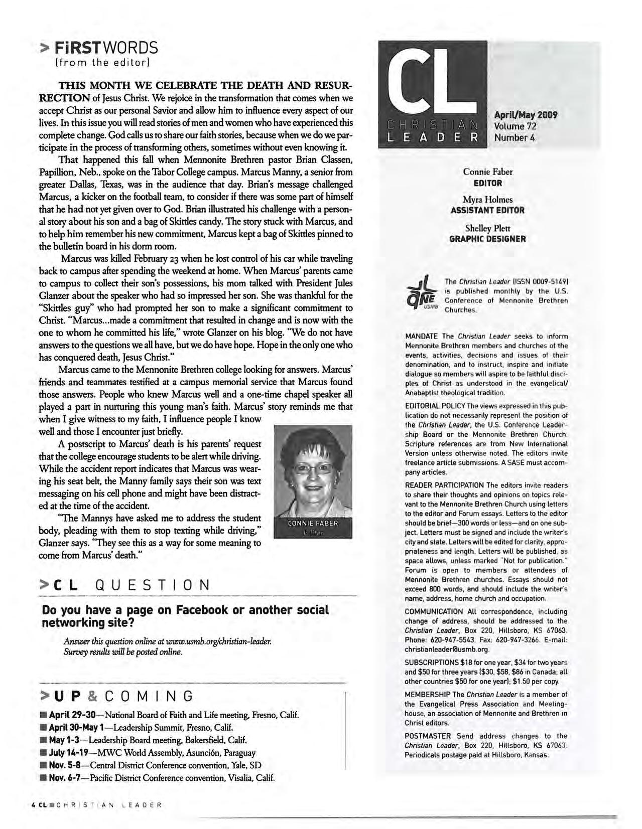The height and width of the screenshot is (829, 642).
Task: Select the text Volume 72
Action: [516, 126]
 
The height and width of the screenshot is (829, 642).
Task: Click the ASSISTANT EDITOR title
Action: [487, 211]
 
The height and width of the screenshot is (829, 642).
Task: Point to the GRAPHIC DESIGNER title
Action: [487, 239]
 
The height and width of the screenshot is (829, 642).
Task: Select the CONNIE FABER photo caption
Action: [313, 524]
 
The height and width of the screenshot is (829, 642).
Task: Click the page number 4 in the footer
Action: [33, 806]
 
